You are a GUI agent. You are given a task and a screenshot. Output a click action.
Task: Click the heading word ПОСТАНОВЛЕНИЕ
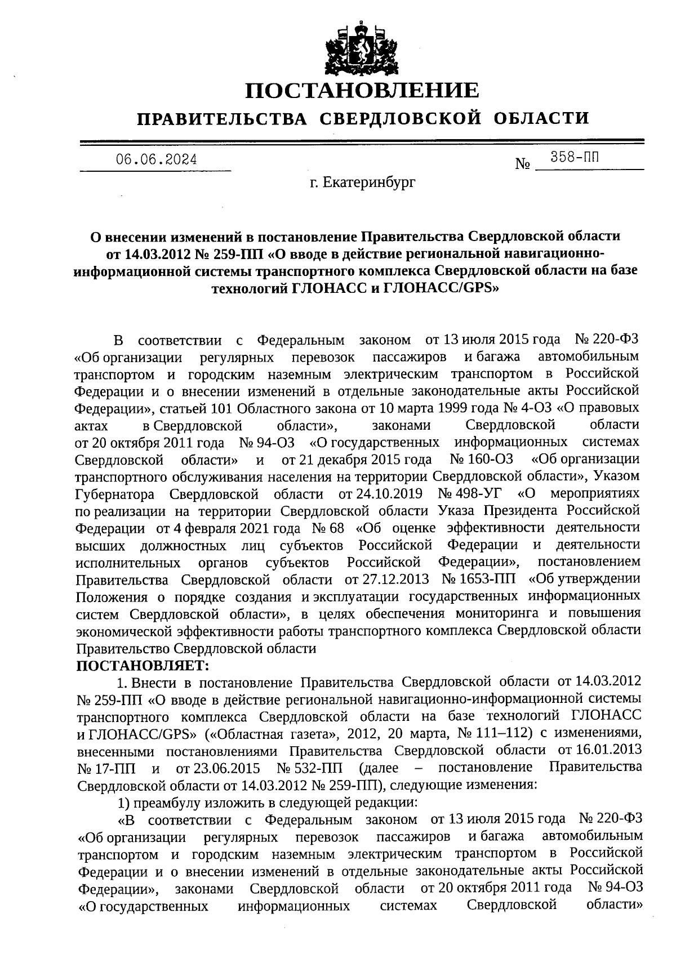(363, 90)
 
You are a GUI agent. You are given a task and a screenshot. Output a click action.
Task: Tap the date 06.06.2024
(157, 160)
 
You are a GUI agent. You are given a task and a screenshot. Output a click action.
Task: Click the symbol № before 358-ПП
(523, 164)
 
